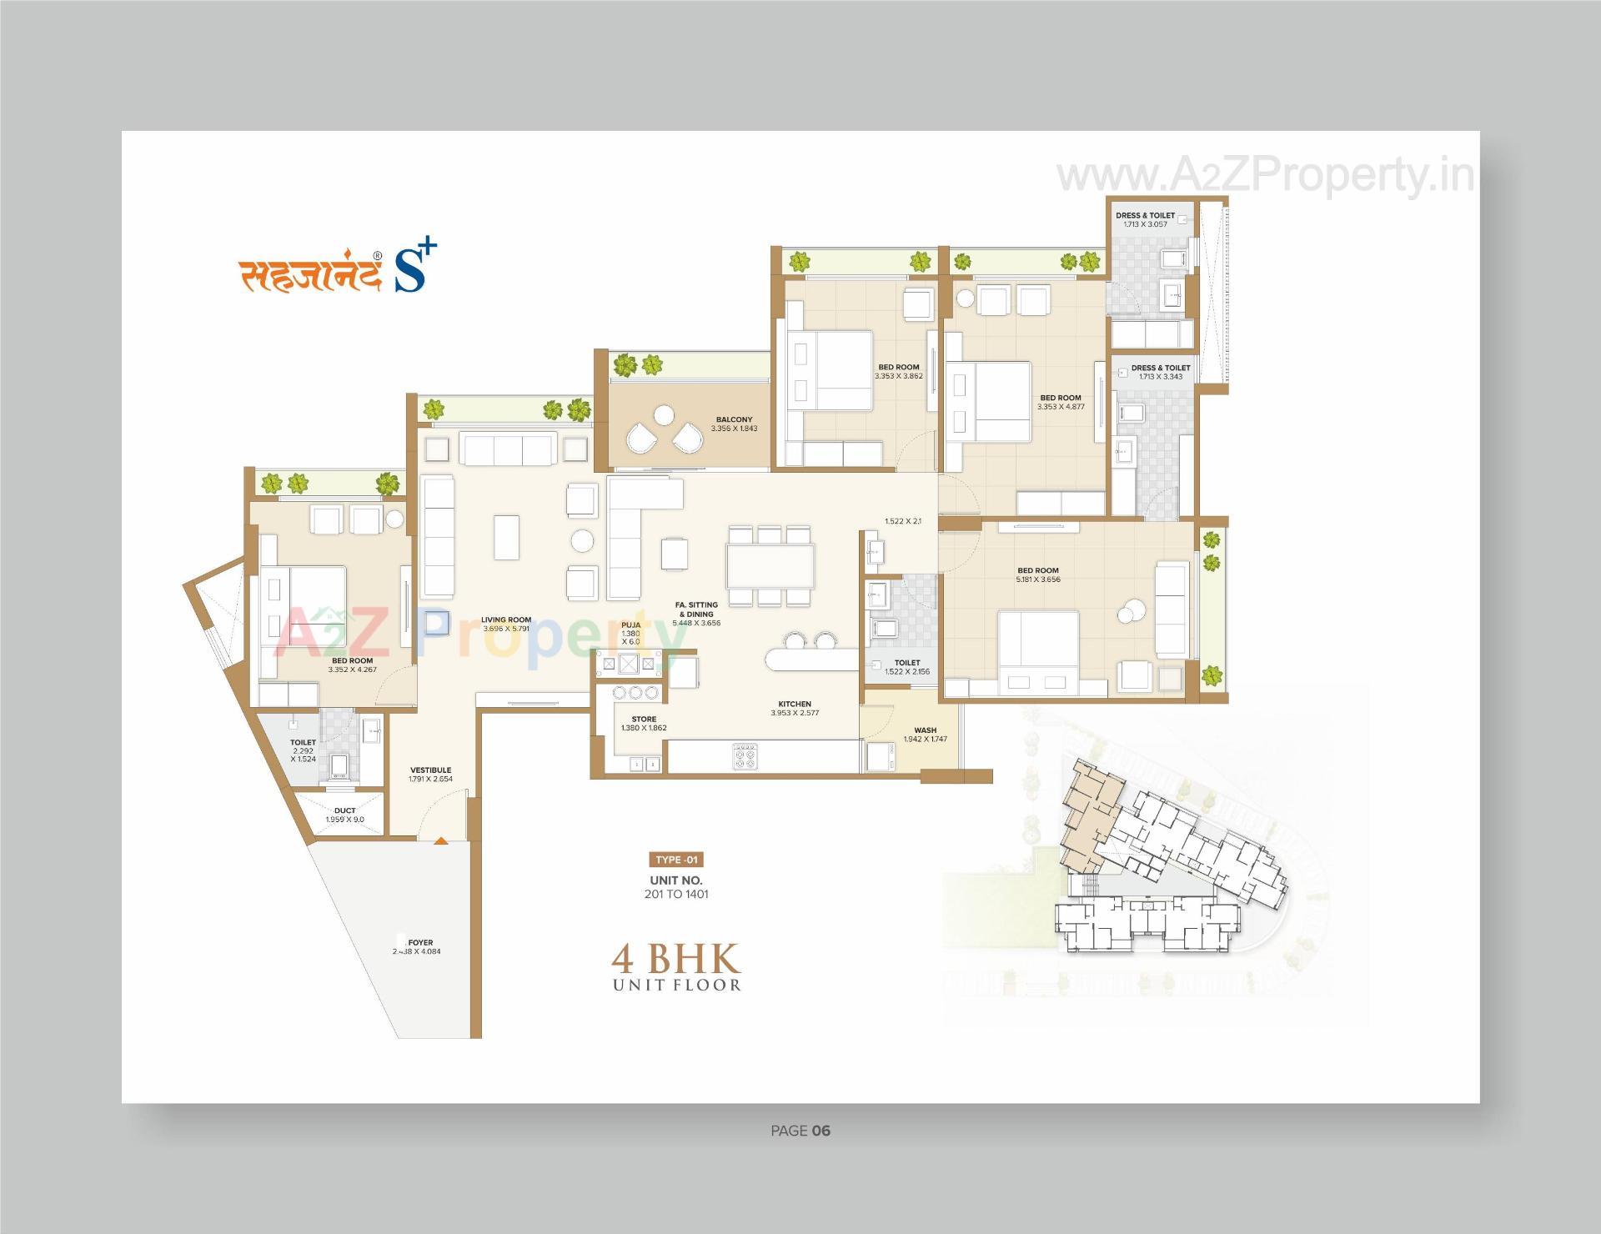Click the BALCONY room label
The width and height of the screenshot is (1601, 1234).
[734, 419]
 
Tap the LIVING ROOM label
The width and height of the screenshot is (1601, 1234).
[506, 620]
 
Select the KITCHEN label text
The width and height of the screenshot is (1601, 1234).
[795, 704]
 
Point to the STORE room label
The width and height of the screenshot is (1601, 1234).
[644, 719]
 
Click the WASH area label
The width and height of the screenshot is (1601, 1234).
[925, 730]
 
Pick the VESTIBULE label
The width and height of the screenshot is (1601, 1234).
[430, 770]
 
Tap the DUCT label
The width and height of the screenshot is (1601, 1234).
[344, 810]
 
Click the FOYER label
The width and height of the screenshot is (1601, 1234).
[420, 943]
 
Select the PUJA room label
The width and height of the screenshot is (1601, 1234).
[630, 625]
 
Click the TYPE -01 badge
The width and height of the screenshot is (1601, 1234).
[675, 860]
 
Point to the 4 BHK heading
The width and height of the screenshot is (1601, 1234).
[675, 960]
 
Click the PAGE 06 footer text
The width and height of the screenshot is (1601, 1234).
[800, 1131]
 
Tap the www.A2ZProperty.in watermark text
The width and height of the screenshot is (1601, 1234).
[1264, 176]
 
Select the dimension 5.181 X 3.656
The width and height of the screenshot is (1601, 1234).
[1038, 579]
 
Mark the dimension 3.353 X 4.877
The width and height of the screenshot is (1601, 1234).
[1061, 407]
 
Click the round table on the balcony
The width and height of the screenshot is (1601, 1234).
[664, 414]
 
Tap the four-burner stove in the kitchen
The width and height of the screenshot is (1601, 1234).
[745, 756]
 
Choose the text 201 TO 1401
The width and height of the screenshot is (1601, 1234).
[676, 894]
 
